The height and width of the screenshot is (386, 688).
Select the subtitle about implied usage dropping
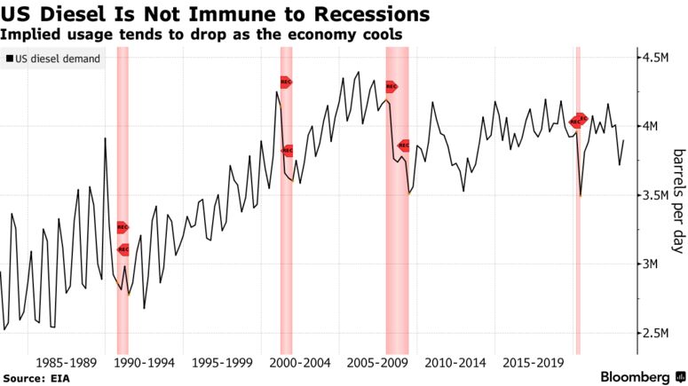[x=201, y=34]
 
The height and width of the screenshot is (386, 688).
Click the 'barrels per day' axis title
[x=676, y=200]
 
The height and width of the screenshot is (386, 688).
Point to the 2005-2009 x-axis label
[x=378, y=363]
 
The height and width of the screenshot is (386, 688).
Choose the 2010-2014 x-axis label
[x=456, y=363]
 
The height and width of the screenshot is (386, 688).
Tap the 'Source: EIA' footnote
[x=36, y=377]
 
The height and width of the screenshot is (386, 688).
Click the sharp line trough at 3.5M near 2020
[x=581, y=195]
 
